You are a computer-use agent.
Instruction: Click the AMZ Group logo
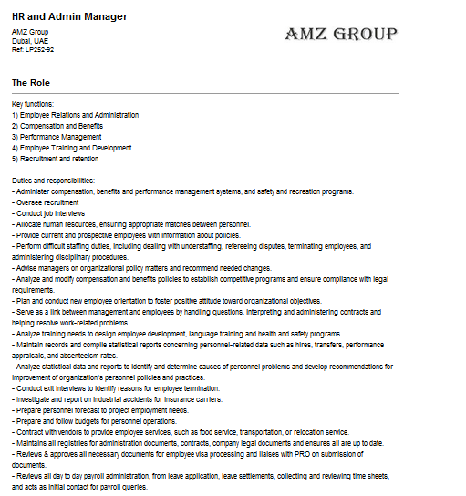[x=341, y=35]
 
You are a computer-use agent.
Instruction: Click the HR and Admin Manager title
[x=69, y=16]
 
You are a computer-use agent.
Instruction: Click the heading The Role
[x=32, y=83]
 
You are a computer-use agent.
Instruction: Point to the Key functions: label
[x=33, y=105]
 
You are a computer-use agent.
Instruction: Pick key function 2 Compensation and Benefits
[x=57, y=126]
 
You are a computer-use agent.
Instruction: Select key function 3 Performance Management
[x=57, y=137]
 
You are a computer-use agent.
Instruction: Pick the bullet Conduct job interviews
[x=48, y=212]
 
